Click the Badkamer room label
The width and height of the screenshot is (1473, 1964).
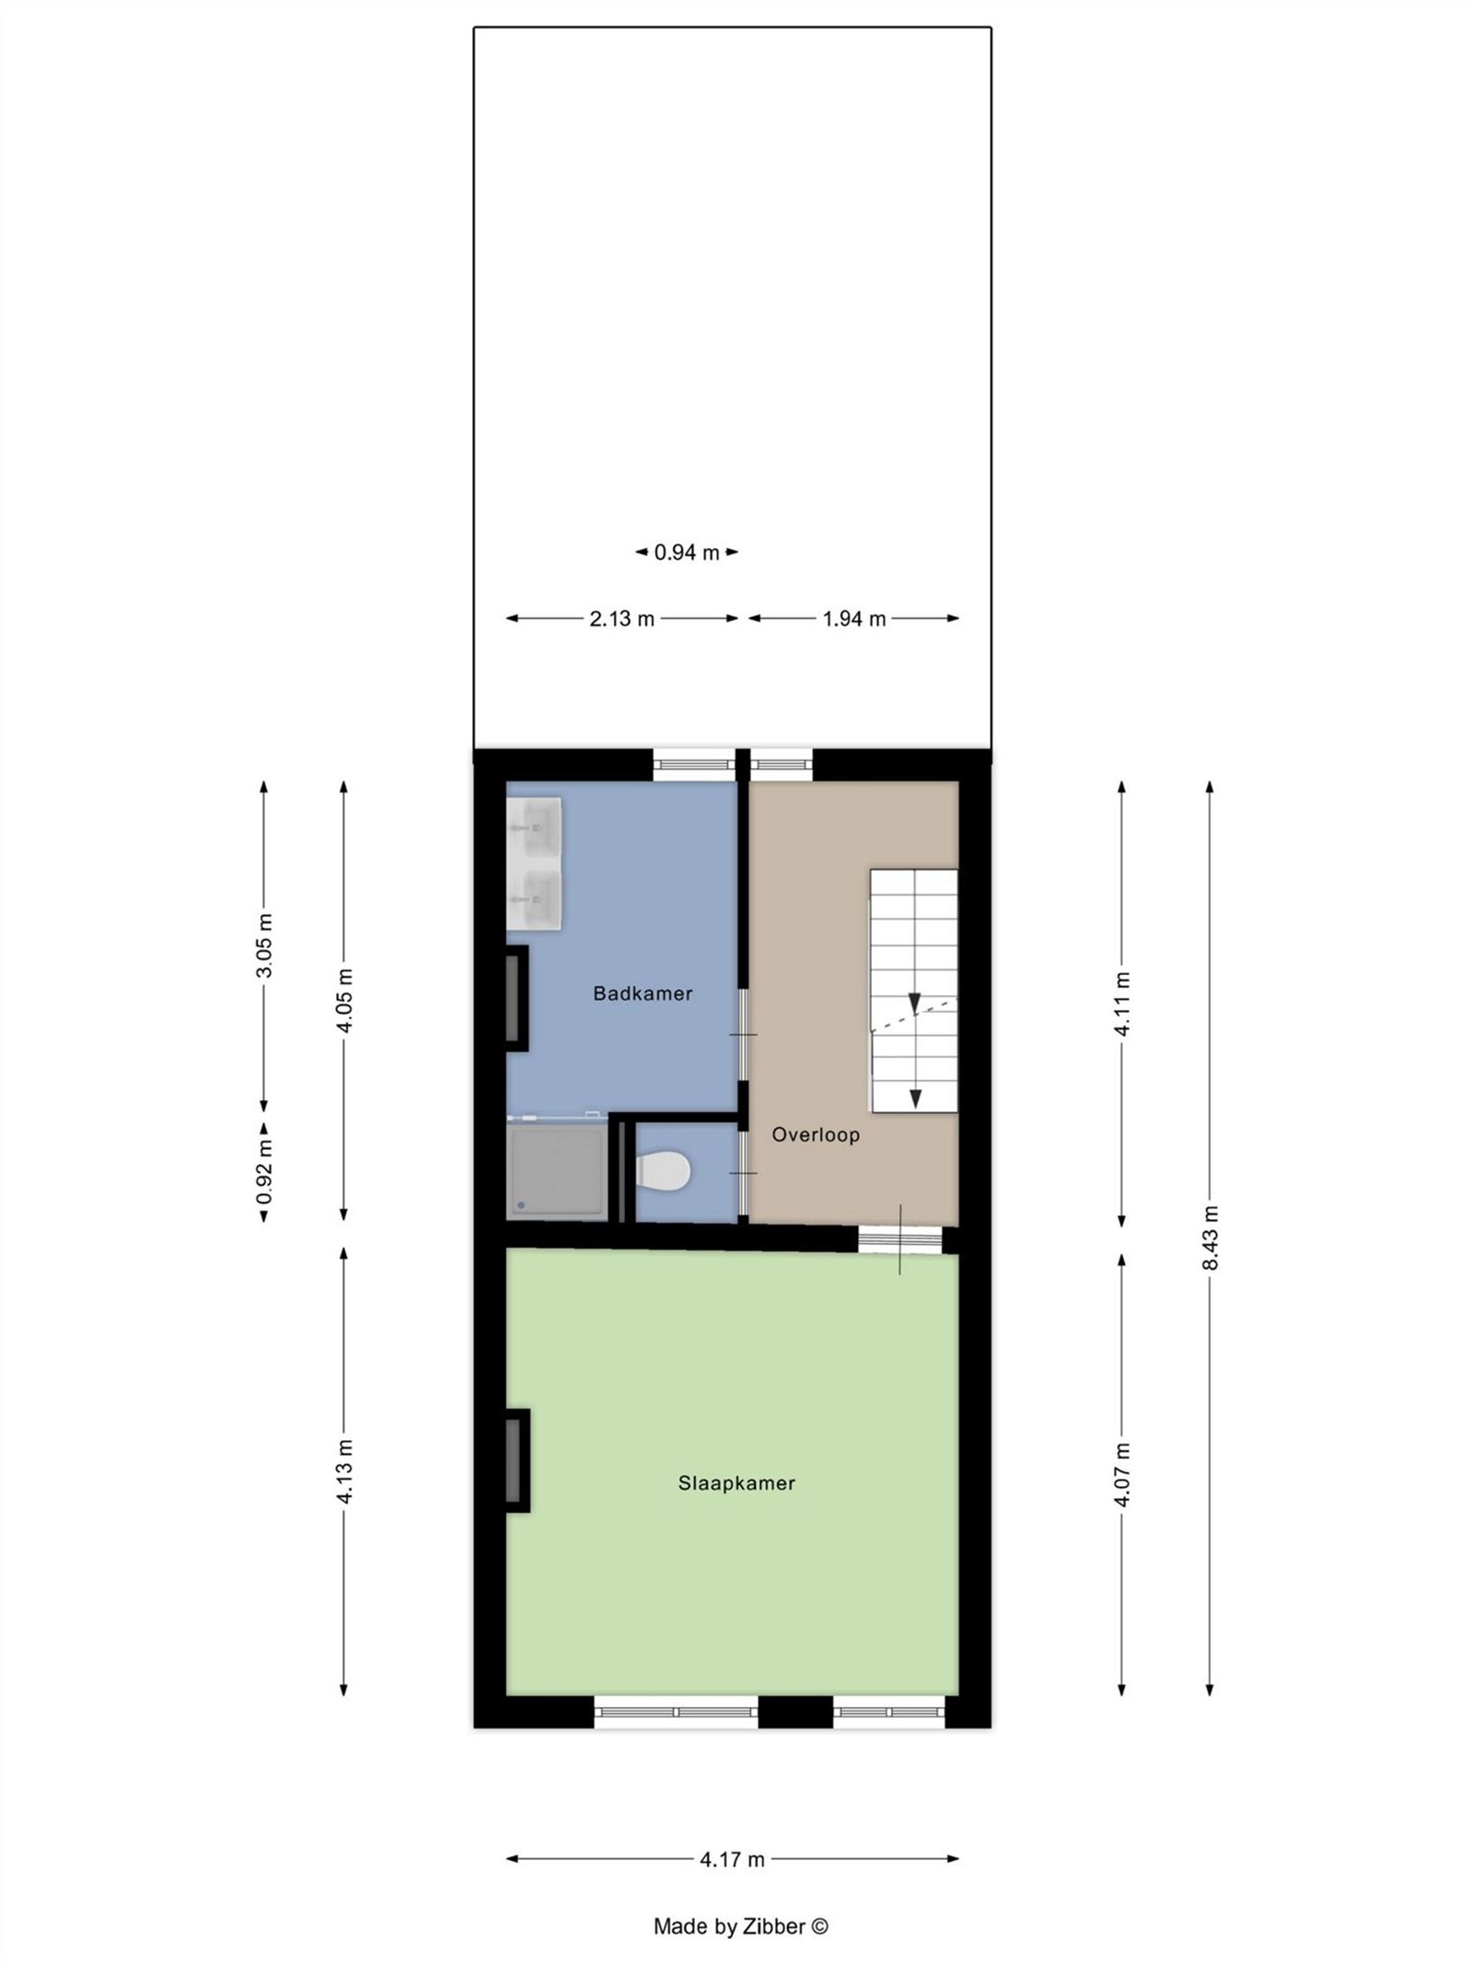(642, 993)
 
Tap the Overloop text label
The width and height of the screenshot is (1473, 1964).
(815, 1134)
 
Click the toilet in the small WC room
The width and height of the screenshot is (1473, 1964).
(664, 1172)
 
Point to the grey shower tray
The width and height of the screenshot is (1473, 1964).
(556, 1171)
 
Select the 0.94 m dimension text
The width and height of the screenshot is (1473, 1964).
(687, 552)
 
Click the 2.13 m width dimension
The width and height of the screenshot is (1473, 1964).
(621, 619)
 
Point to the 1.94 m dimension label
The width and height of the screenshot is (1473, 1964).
(853, 619)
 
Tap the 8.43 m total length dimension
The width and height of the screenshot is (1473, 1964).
(1210, 1238)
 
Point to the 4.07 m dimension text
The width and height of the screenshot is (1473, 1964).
(1121, 1474)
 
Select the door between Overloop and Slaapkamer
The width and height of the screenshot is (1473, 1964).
(899, 1239)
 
